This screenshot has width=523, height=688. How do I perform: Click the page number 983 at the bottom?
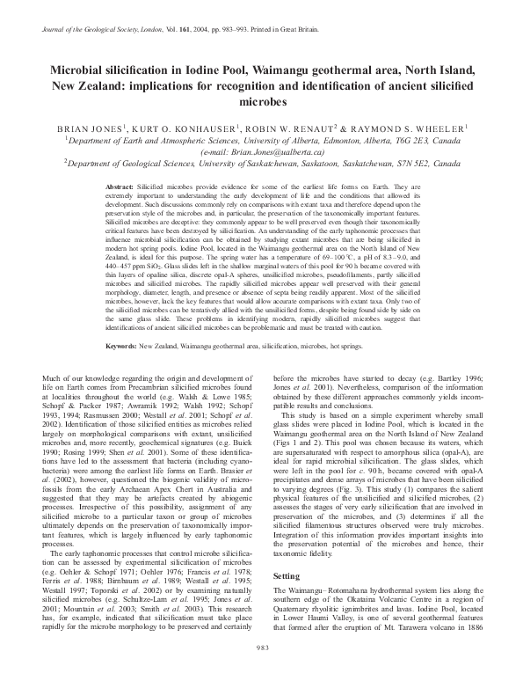(261, 672)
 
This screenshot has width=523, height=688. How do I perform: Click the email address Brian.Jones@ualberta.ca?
(262, 150)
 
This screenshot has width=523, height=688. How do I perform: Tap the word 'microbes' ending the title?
(262, 102)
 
